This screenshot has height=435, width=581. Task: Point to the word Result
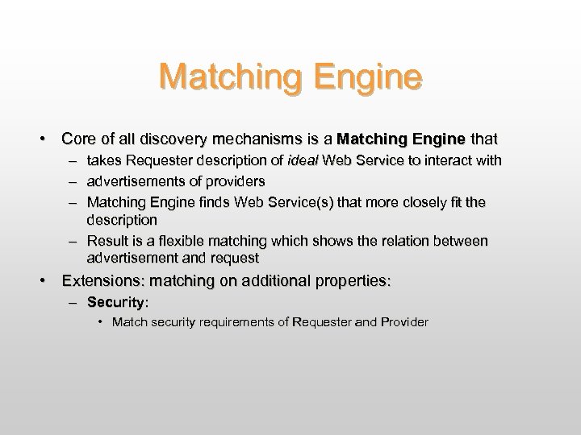click(105, 242)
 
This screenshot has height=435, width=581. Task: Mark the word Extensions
click(99, 281)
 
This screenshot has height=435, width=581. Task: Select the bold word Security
click(116, 303)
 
